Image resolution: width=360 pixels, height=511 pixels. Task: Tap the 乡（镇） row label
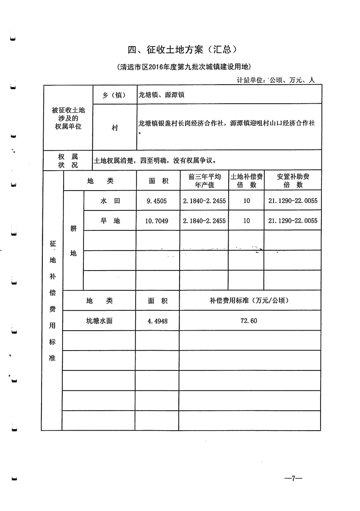click(x=114, y=95)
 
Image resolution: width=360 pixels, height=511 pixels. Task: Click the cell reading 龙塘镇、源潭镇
click(x=161, y=95)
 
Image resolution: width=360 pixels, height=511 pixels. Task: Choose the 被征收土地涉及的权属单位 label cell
click(x=68, y=118)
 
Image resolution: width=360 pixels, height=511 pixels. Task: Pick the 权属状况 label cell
click(x=68, y=161)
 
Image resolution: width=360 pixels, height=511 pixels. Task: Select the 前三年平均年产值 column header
click(x=205, y=181)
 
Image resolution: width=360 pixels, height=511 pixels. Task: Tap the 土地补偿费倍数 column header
click(x=246, y=181)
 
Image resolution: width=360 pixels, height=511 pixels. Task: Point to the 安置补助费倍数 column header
click(x=293, y=181)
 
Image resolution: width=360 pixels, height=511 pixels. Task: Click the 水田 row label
click(x=110, y=201)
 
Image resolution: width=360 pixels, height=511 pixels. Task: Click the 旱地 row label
click(x=110, y=221)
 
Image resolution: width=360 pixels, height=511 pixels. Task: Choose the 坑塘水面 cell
click(x=99, y=320)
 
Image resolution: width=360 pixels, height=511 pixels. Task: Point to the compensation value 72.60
click(x=249, y=321)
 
